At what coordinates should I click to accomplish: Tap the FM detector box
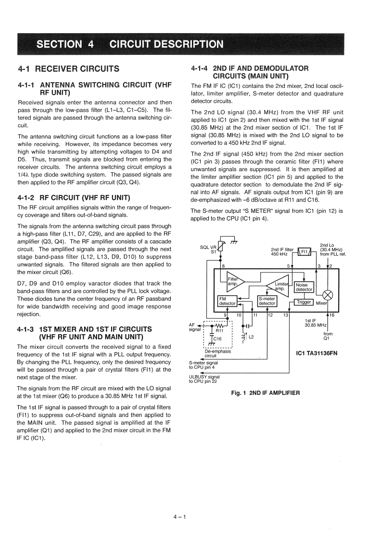(227, 301)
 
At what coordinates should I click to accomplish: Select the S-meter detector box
(267, 301)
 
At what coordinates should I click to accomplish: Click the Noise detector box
(304, 287)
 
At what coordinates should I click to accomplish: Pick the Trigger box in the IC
(304, 302)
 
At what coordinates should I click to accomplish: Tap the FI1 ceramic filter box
(304, 251)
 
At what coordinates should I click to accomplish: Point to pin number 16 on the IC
(331, 315)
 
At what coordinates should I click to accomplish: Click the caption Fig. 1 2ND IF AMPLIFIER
(266, 393)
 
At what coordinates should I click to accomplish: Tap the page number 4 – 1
(180, 517)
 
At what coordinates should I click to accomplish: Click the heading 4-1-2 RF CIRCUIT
(75, 197)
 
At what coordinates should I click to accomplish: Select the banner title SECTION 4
(65, 45)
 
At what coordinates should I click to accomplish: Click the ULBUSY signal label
(204, 377)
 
